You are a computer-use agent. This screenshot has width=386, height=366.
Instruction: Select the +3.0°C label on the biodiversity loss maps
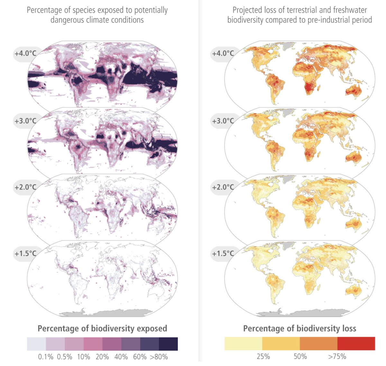[223, 121]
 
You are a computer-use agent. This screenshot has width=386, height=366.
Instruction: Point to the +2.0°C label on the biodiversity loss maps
[223, 187]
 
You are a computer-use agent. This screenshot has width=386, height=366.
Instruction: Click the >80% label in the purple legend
[160, 357]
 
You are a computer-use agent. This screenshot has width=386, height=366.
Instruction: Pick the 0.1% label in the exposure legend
[46, 357]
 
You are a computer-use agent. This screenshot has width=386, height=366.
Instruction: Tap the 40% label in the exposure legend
[121, 357]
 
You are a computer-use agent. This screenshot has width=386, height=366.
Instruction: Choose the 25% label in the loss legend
[263, 356]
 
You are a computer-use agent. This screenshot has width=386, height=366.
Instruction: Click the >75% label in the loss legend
[337, 356]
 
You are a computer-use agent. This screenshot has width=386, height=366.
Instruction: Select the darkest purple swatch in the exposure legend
[169, 344]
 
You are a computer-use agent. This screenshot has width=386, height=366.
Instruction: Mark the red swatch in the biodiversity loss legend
[356, 344]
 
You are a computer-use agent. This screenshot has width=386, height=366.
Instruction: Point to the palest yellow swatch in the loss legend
[243, 344]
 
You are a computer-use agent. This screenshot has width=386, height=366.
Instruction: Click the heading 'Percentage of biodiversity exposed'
[102, 328]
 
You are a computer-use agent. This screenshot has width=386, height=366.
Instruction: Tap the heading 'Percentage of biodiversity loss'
[299, 328]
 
